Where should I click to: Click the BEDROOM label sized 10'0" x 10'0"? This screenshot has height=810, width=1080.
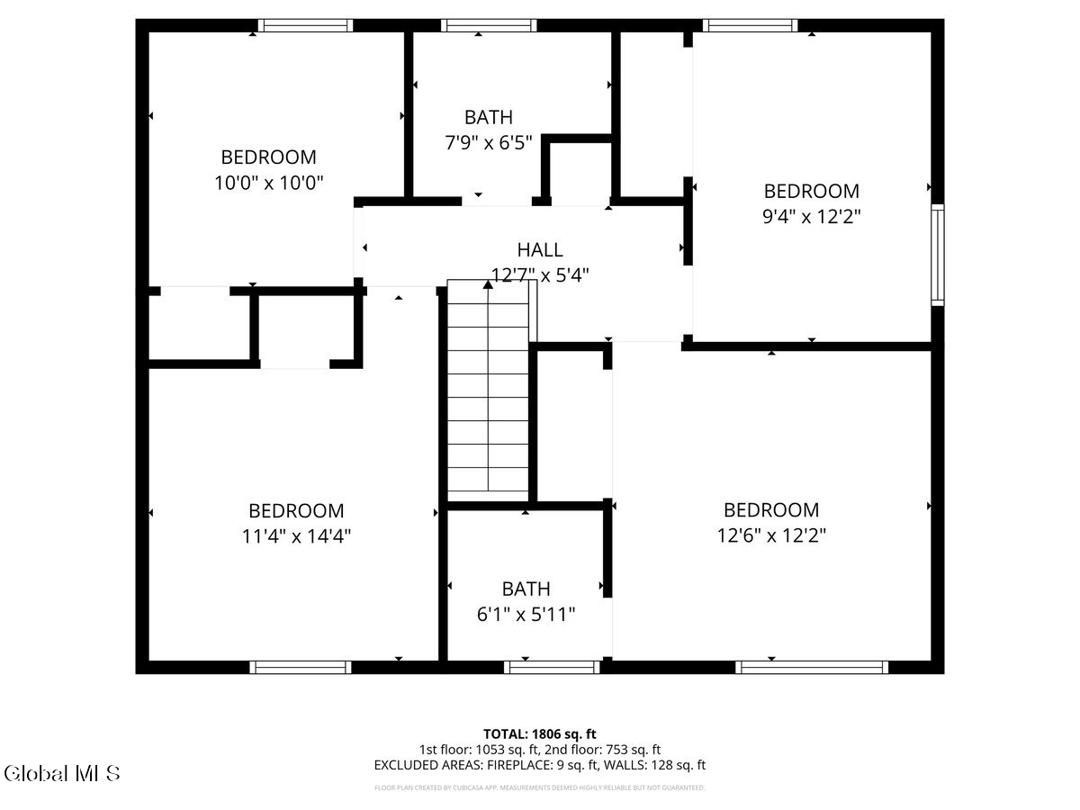[x=268, y=157]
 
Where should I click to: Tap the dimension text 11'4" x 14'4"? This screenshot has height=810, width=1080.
[x=296, y=535]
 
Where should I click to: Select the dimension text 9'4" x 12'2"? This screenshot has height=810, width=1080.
[x=811, y=216]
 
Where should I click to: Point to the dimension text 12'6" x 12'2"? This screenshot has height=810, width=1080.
[x=771, y=535]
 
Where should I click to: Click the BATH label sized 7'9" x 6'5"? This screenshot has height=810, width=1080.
[x=489, y=117]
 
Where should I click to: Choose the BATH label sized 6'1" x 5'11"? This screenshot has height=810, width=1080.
[x=526, y=589]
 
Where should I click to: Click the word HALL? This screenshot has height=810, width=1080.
[x=540, y=250]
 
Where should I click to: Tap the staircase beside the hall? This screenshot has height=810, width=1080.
[x=488, y=396]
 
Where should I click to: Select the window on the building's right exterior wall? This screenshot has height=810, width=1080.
[x=937, y=254]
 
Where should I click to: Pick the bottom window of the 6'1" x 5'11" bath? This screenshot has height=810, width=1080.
[x=552, y=667]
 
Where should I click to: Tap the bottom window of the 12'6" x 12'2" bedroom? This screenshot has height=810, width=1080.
[x=811, y=667]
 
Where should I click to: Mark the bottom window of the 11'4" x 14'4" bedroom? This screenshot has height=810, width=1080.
[x=300, y=667]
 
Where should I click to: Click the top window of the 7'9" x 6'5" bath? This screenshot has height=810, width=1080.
[x=477, y=25]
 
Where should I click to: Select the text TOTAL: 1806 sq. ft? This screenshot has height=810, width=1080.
[x=540, y=733]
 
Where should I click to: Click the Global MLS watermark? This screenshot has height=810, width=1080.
[x=62, y=773]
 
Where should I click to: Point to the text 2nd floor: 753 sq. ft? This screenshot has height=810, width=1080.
[x=604, y=749]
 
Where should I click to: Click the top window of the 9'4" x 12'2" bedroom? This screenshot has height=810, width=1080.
[x=750, y=25]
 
